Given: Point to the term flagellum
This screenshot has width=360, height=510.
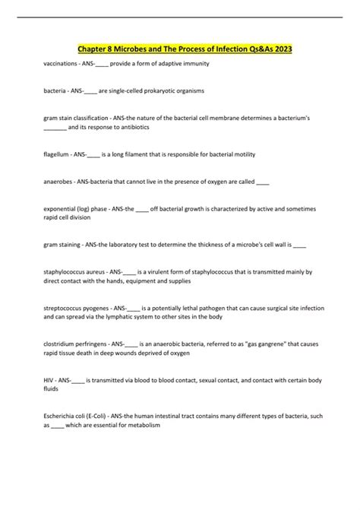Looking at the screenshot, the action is [x=57, y=154].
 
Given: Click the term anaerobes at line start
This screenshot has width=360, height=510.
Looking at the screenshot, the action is [x=58, y=182].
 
